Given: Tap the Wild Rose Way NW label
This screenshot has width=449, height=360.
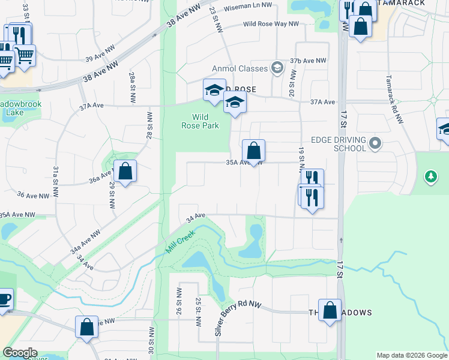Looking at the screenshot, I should tap(271, 24).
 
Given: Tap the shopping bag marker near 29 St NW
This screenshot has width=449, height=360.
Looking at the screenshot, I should tap(125, 172).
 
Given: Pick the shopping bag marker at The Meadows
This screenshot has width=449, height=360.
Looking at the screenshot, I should tap(330, 310).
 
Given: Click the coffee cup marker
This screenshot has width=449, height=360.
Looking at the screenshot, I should tap(4, 299).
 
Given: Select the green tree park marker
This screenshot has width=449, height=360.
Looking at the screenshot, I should tap(430, 176).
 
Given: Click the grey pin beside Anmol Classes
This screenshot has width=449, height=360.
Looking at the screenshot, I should tap(277, 67).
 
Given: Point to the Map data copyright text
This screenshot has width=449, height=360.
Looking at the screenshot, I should tap(412, 355).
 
